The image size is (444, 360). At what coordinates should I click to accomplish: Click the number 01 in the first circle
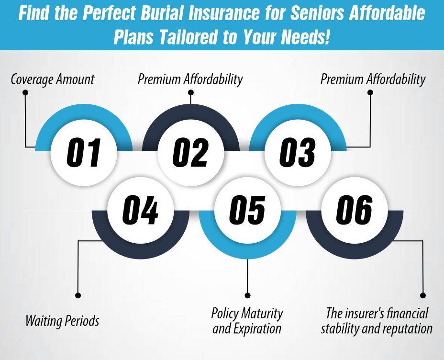tap(84, 153)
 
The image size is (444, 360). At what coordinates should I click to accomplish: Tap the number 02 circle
tap(190, 153)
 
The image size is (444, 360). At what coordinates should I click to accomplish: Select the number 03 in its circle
tap(297, 153)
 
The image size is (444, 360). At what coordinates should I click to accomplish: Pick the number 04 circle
tap(140, 211)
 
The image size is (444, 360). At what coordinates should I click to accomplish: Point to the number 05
tap(247, 211)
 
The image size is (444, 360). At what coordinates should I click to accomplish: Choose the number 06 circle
tap(354, 211)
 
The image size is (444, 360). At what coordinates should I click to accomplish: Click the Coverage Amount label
tap(53, 79)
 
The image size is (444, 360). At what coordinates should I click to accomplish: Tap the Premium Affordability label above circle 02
tap(190, 79)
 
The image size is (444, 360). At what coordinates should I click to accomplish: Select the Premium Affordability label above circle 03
tap(373, 79)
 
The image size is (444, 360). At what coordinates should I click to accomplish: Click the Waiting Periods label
tap(62, 320)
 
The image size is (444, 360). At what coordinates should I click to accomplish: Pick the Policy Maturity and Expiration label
tap(247, 321)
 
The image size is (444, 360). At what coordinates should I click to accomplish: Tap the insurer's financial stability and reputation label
tap(377, 321)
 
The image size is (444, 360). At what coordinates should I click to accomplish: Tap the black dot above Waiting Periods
tap(78, 295)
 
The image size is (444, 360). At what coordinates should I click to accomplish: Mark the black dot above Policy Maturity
tap(247, 295)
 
